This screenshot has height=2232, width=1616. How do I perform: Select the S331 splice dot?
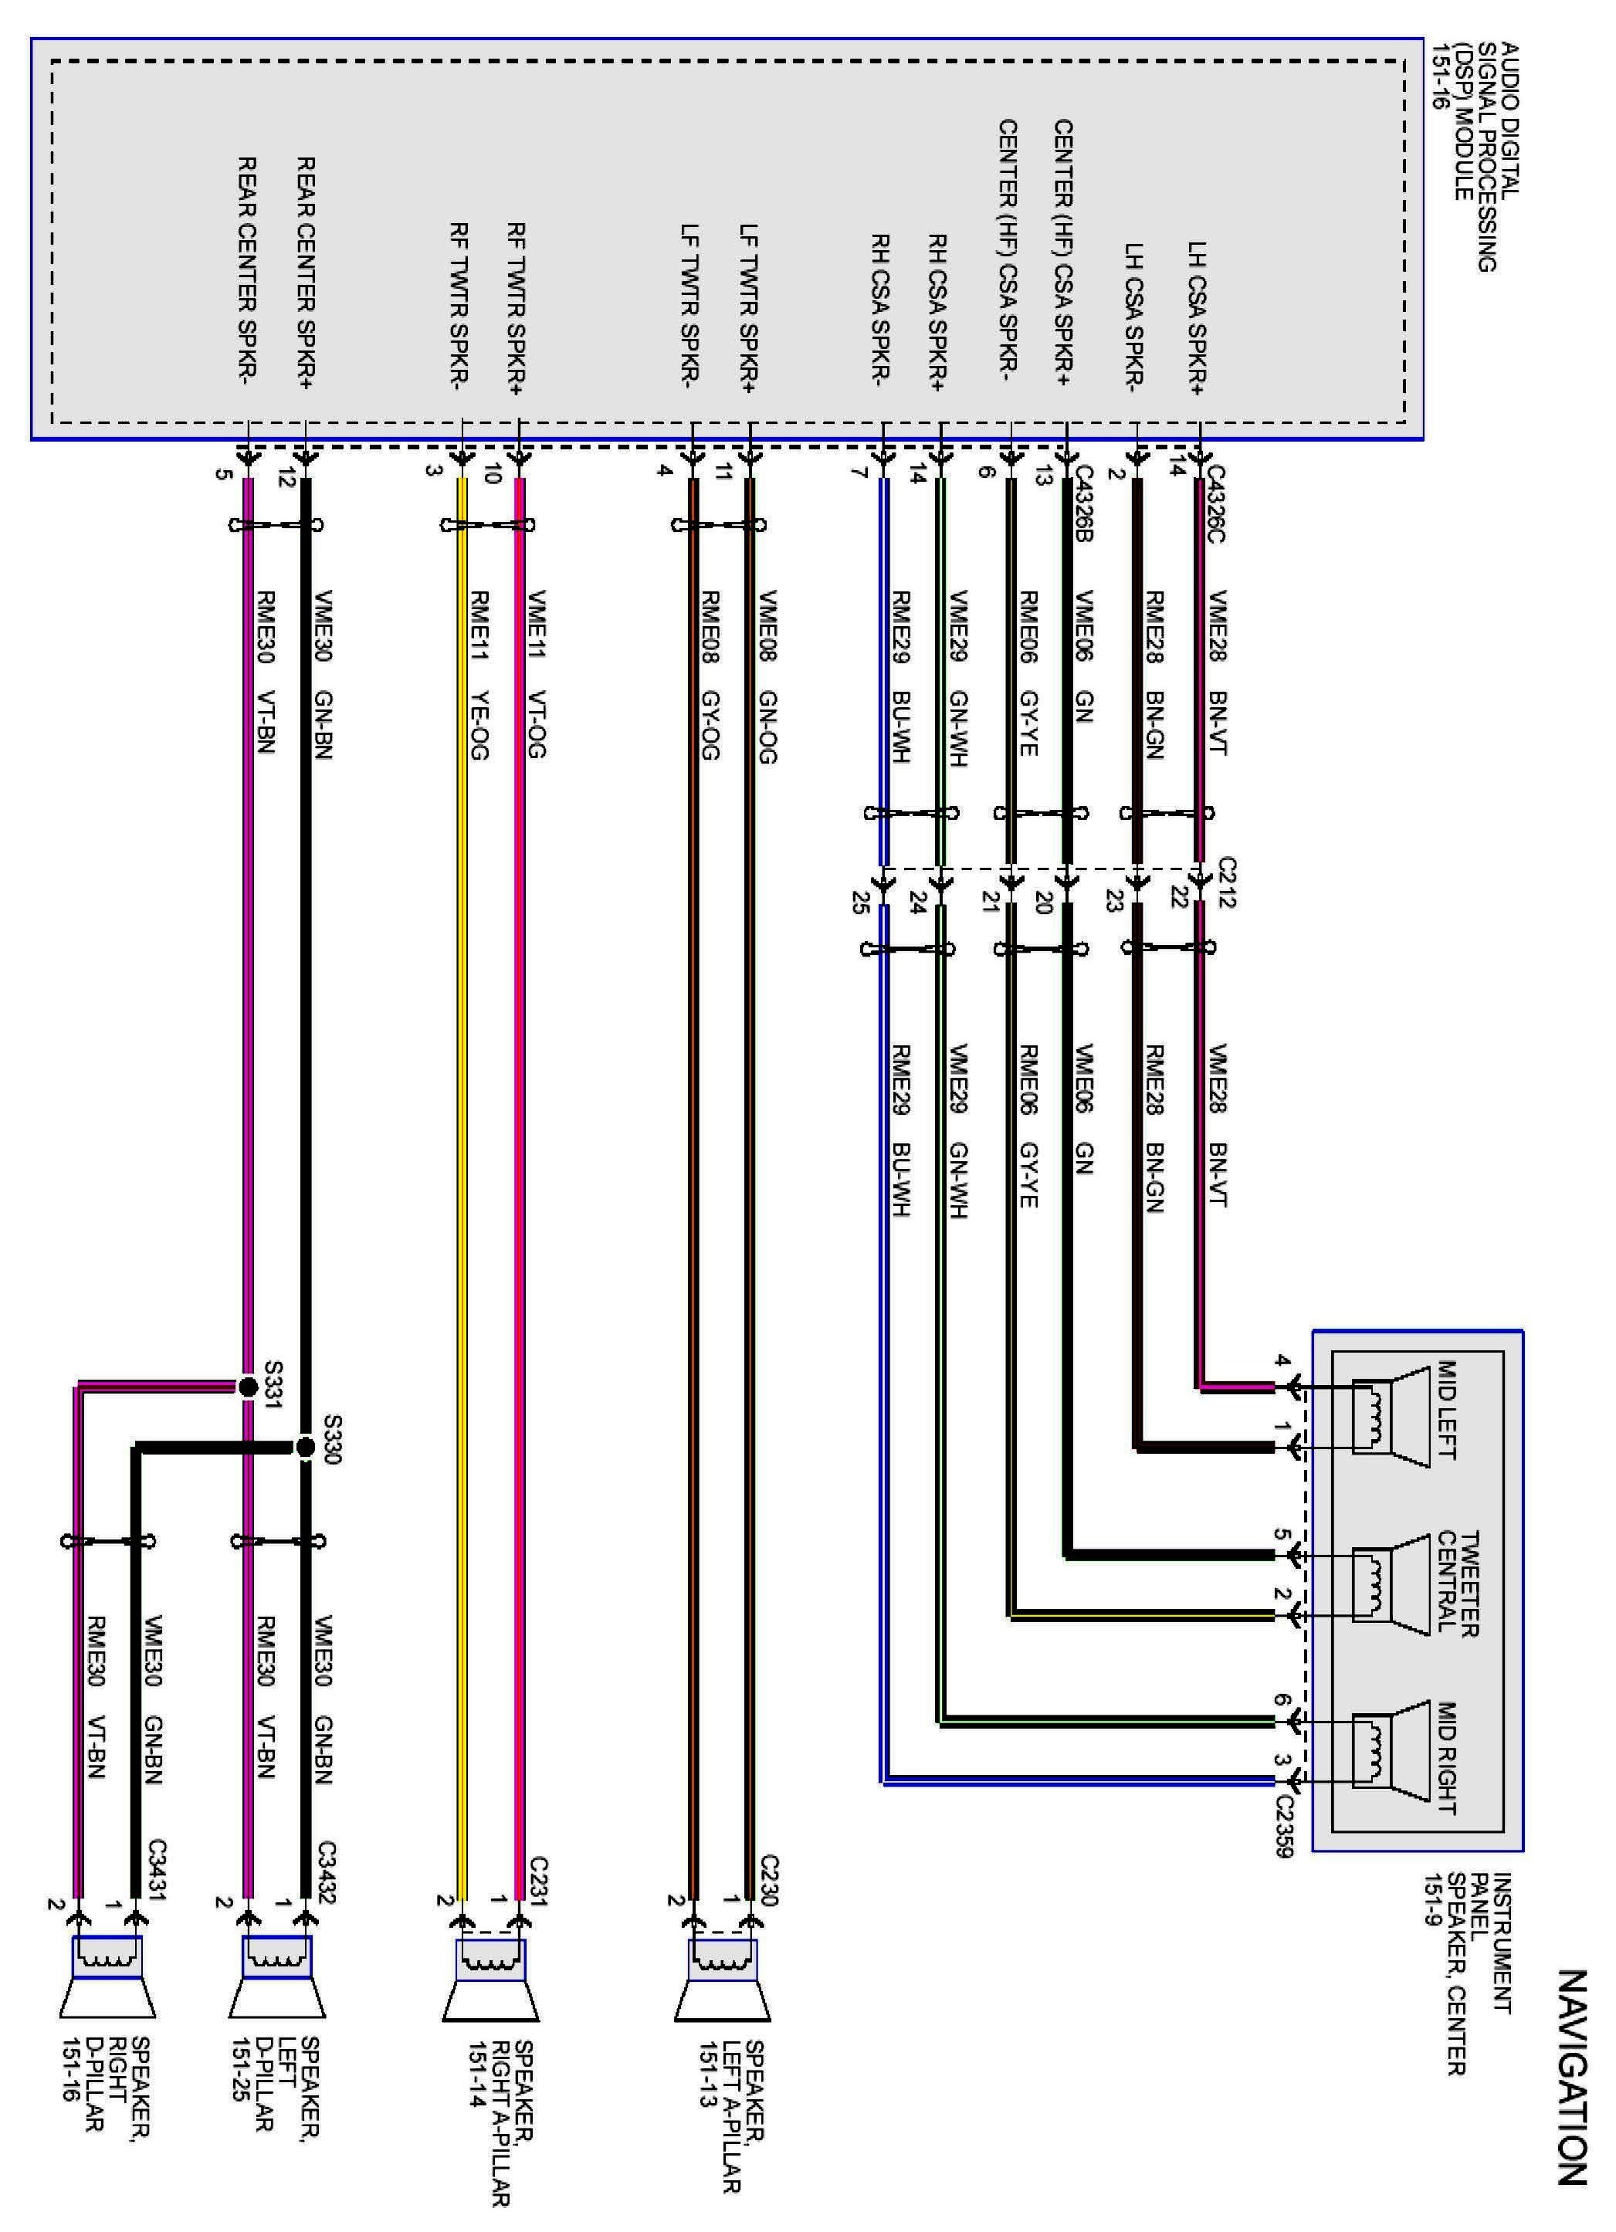pyautogui.click(x=248, y=1387)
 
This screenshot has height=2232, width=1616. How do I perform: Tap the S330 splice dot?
pyautogui.click(x=306, y=1447)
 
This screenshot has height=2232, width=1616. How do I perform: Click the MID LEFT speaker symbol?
pyautogui.click(x=1390, y=1417)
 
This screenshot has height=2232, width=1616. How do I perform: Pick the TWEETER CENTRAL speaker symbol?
pyautogui.click(x=1390, y=1584)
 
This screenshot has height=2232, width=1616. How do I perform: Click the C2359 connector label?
pyautogui.click(x=1283, y=1827)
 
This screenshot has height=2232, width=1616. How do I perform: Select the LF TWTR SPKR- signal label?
pyautogui.click(x=690, y=305)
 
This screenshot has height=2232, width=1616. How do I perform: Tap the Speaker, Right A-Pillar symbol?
pyautogui.click(x=490, y=1978)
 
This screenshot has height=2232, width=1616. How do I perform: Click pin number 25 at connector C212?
pyautogui.click(x=859, y=902)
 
